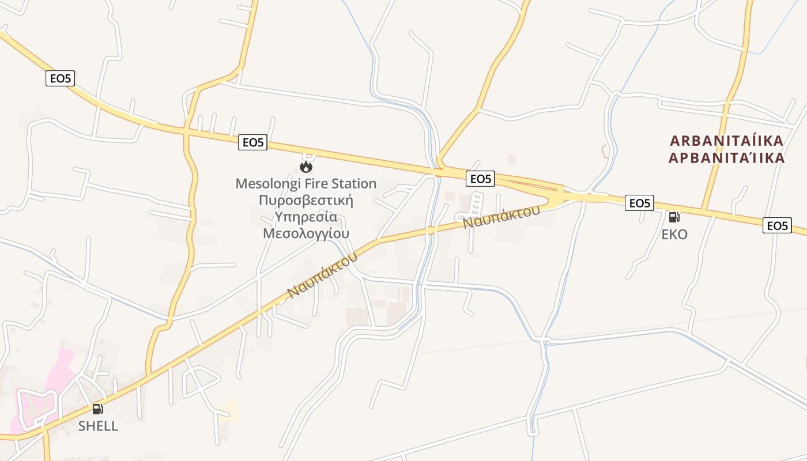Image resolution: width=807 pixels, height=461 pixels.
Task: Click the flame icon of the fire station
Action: coord(306,167)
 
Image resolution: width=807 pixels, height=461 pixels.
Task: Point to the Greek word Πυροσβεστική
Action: coord(306,201)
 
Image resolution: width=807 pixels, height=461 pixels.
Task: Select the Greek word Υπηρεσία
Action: coord(306,217)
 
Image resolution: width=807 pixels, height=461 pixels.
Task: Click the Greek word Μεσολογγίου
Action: coord(306,233)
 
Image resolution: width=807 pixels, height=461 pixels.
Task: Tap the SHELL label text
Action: coord(98,426)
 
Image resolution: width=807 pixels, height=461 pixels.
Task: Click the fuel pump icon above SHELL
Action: coord(98,409)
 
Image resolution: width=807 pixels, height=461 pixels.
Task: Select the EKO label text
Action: coord(674,235)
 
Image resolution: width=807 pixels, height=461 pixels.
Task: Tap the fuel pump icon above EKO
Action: coord(674,217)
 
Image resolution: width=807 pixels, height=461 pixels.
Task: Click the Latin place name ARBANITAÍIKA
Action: coord(727,141)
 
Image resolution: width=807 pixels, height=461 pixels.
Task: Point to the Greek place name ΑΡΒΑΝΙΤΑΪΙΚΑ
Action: coord(727,158)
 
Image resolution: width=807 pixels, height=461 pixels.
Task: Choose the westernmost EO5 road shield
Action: coord(61,78)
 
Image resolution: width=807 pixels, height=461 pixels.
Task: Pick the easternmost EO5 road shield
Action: coord(777,225)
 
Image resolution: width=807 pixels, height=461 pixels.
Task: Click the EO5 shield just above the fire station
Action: coord(253,142)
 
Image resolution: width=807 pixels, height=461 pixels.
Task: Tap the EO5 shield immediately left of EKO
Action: coord(640,203)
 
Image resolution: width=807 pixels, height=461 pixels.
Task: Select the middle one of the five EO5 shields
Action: coord(480,179)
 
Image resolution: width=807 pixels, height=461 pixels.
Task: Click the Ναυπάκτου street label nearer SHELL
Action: coord(322,275)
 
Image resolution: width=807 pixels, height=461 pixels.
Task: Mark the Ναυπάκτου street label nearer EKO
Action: coord(501,216)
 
